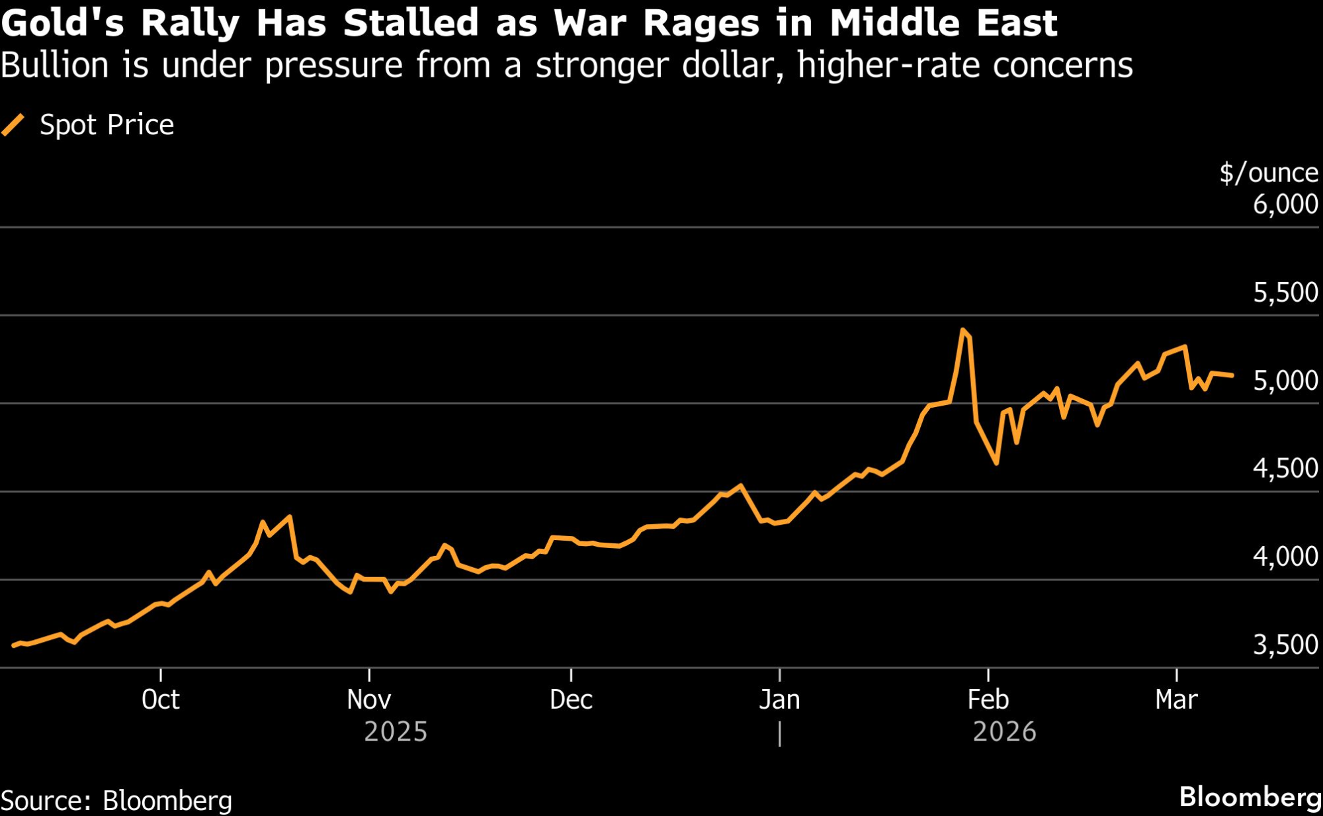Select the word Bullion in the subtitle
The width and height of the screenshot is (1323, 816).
pos(54,66)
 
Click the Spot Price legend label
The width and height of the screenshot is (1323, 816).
pos(107,125)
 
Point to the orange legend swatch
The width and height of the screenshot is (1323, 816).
pos(13,124)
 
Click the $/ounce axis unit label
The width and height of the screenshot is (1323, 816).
pos(1268,173)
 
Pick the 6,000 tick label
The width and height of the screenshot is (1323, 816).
pos(1285,204)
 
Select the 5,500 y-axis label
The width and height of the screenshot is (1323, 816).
pos(1285,293)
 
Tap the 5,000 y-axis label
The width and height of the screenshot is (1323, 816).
pos(1285,381)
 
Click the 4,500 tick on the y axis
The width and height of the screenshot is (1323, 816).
pos(1285,469)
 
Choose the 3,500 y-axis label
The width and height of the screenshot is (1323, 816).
pos(1285,645)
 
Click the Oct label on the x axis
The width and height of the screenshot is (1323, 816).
pos(161,700)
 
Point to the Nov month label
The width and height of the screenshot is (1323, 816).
pos(368,700)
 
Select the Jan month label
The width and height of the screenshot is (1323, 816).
pos(779,700)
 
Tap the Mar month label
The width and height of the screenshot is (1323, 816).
pos(1176,700)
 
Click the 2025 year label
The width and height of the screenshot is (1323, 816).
pos(396,732)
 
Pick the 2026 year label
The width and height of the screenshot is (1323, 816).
pos(1004,732)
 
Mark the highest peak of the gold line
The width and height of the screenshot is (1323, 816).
pos(962,330)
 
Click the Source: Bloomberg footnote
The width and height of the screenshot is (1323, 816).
pos(116,801)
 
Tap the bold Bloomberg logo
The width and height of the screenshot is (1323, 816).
pos(1250,797)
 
